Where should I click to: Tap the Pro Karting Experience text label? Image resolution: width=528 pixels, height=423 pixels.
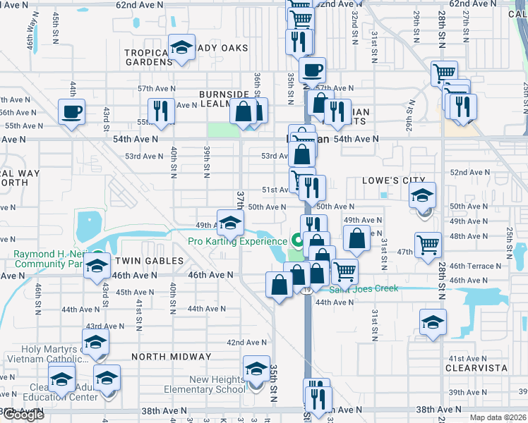[x=236, y=241]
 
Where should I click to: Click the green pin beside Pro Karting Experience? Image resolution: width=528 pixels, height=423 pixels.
[x=298, y=241]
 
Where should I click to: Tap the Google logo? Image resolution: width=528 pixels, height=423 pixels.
[x=23, y=415]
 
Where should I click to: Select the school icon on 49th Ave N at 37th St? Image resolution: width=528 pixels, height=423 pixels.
[x=229, y=223]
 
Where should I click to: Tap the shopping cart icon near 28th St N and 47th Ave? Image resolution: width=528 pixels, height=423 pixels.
[x=428, y=246]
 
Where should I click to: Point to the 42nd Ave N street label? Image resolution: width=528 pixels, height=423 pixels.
[x=246, y=342]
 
